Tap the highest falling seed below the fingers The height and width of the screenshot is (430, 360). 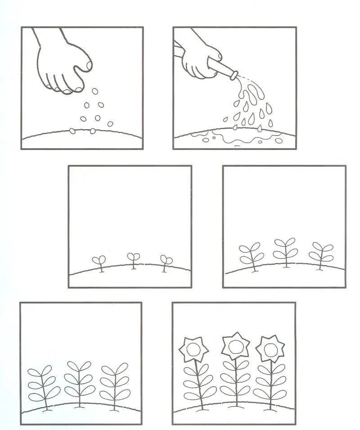click(95, 91)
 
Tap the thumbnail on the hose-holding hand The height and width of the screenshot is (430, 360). click(219, 56)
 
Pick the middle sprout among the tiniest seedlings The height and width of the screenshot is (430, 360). click(133, 258)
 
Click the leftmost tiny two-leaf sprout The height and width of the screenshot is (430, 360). click(99, 261)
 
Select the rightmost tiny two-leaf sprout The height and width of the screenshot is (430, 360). click(166, 261)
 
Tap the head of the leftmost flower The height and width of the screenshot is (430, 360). click(193, 349)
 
